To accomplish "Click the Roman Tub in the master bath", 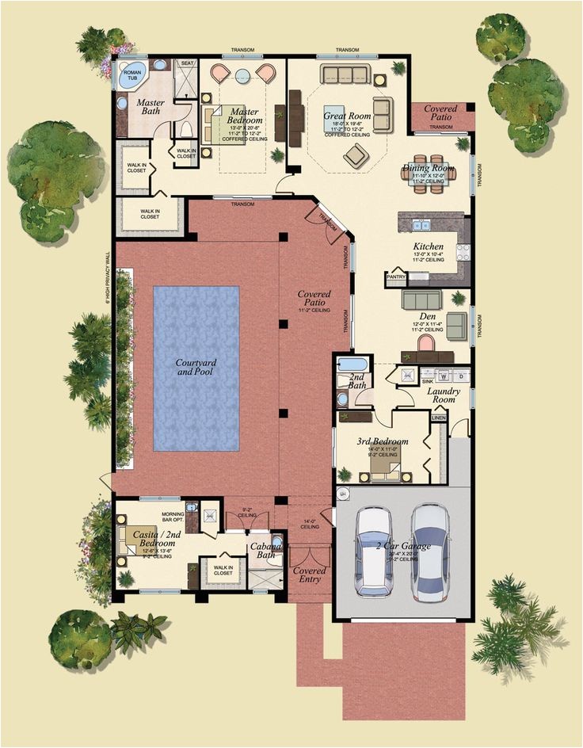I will coord(131,75).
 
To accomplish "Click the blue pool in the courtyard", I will coord(196,368).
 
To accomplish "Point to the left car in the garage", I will coord(374,551).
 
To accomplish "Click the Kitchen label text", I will coord(428,247).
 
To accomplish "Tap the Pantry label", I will coord(395,277).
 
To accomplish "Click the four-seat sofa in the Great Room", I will coord(346,75).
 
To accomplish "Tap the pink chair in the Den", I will coord(426,343).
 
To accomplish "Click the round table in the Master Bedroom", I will coord(242,75).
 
